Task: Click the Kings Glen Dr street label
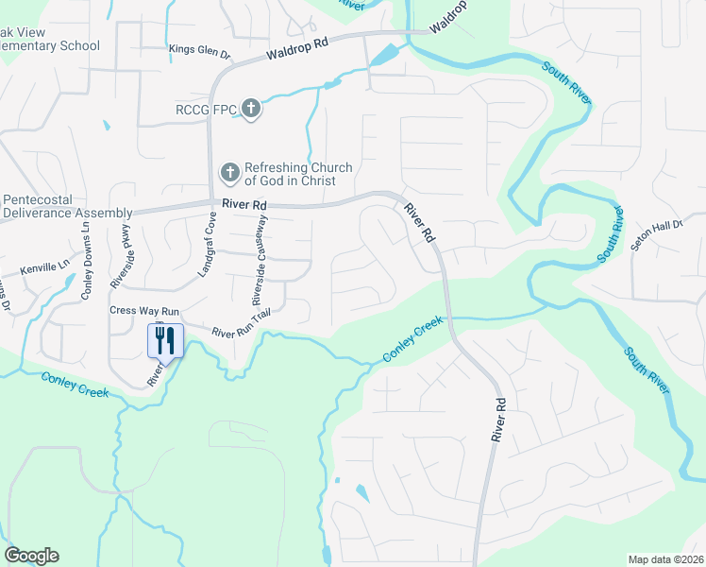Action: [x=199, y=50]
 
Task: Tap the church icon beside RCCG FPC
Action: [x=251, y=109]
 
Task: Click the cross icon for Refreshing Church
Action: [x=229, y=173]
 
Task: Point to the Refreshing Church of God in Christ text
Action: [x=298, y=174]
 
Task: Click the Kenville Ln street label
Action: [x=45, y=267]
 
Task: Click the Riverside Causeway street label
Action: [x=259, y=260]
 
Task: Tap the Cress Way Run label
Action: [x=144, y=310]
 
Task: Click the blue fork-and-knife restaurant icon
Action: [x=165, y=340]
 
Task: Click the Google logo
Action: [x=31, y=556]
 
